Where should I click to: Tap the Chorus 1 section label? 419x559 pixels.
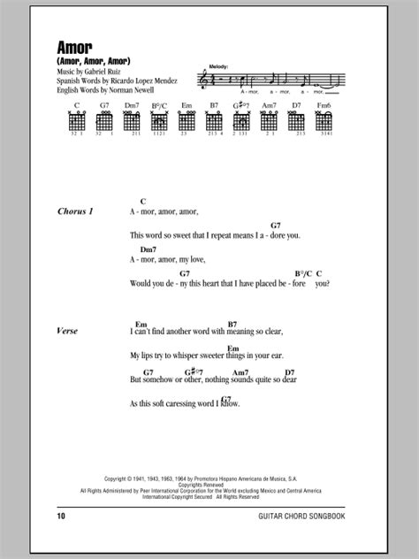click(73, 211)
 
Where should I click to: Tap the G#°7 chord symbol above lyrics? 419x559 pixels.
click(190, 372)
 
